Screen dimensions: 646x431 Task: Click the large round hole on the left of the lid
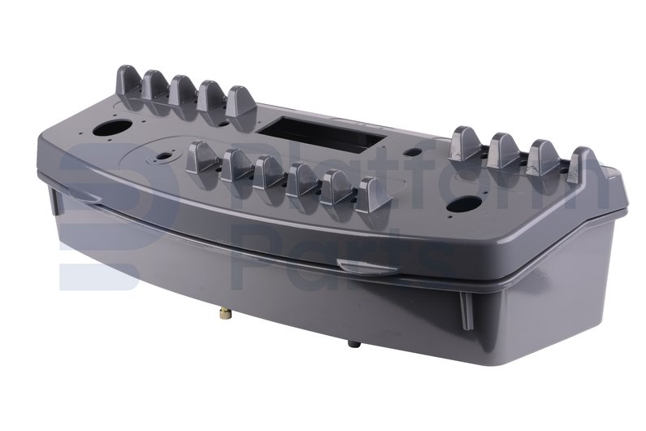coord(112,128)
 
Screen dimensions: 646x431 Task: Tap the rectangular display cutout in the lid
coord(320,133)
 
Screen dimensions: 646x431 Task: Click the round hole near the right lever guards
coord(464,204)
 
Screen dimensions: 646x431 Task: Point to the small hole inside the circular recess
coord(165,156)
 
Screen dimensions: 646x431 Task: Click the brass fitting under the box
coord(225,314)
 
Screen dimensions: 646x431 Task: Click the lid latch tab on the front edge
coord(366,267)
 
